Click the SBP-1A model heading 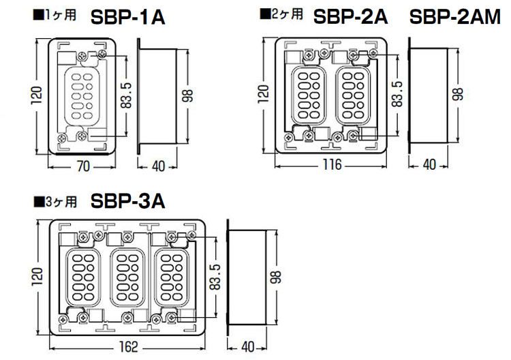(x=128, y=17)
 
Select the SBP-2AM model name (x=455, y=16)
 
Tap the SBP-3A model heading (x=128, y=201)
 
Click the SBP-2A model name (x=351, y=16)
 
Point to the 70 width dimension (x=83, y=166)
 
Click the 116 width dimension (x=332, y=165)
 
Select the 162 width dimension (x=128, y=347)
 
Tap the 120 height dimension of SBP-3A (x=37, y=277)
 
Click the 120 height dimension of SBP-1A (x=37, y=95)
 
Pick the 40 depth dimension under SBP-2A (x=429, y=165)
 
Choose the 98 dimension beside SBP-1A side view (x=187, y=95)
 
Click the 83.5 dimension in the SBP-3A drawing (x=215, y=277)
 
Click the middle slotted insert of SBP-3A (x=127, y=277)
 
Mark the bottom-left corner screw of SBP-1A (x=62, y=138)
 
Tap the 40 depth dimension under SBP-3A (x=248, y=347)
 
